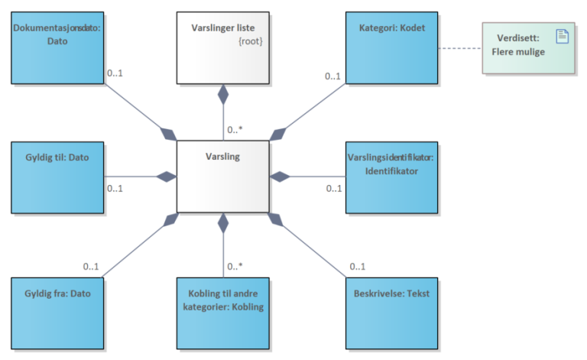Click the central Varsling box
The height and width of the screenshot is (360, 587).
click(x=223, y=177)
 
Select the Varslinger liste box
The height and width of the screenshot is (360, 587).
click(x=223, y=47)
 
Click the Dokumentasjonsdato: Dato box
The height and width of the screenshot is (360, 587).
click(x=57, y=47)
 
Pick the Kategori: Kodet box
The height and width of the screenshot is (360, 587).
click(x=391, y=47)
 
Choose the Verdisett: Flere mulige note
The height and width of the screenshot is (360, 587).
click(x=527, y=47)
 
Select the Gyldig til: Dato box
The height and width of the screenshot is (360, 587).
click(x=57, y=177)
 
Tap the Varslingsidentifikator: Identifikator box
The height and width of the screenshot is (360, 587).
click(x=391, y=177)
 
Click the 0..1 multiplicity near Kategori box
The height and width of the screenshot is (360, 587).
click(x=332, y=76)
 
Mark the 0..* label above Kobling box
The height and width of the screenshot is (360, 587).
click(x=235, y=267)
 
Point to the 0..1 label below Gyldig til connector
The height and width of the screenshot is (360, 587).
click(x=115, y=189)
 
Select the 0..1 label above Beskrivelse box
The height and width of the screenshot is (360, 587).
click(x=358, y=267)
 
